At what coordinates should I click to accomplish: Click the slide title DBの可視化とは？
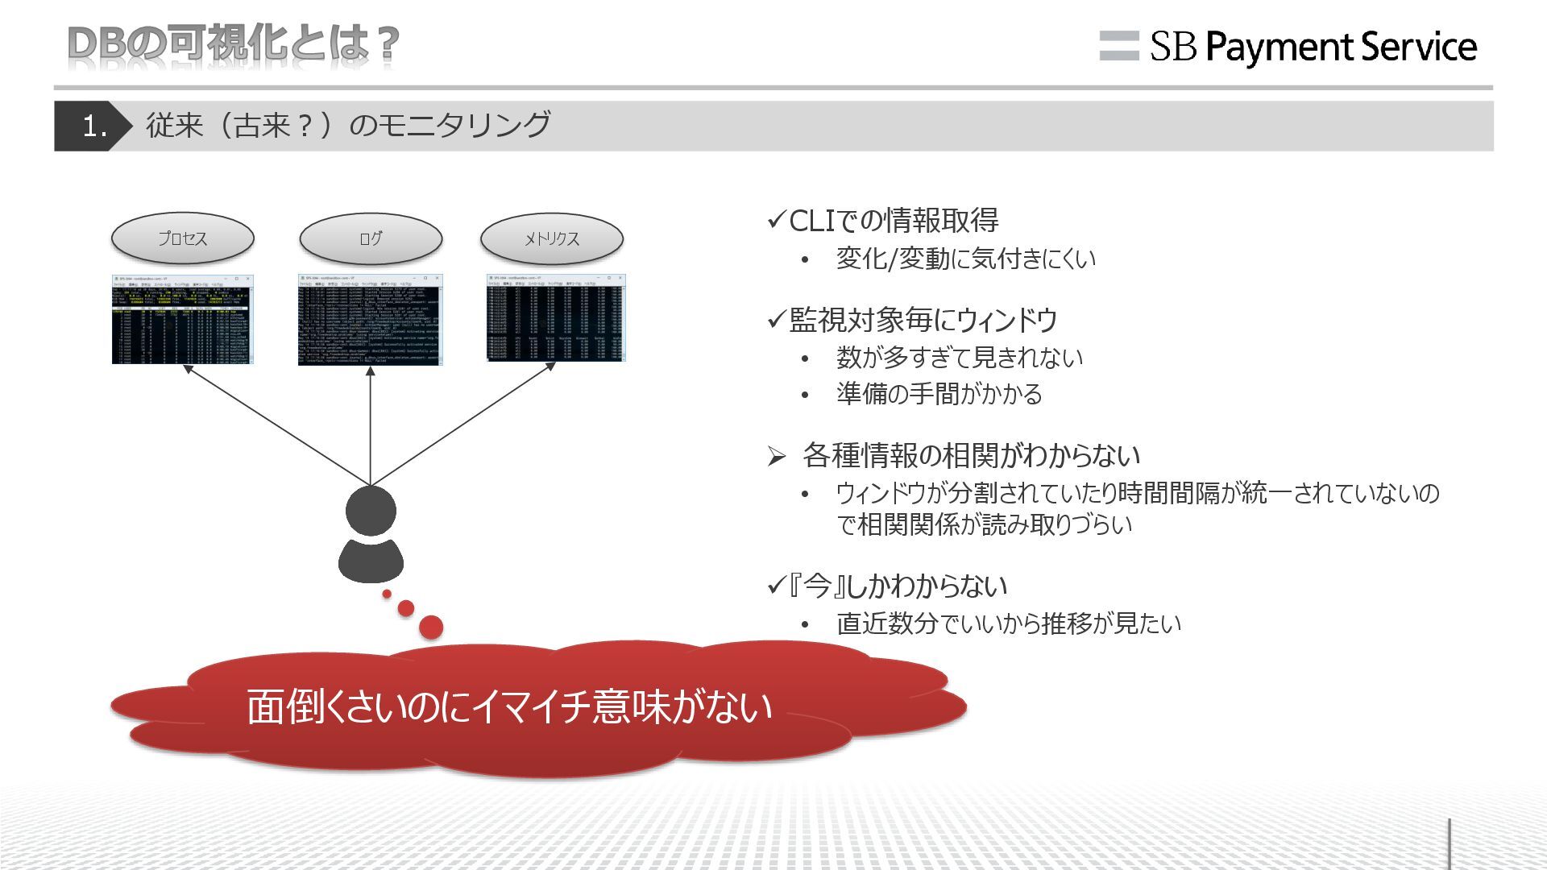click(x=234, y=44)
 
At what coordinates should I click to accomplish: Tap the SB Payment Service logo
click(x=1288, y=47)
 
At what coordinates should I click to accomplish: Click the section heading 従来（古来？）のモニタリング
click(x=348, y=126)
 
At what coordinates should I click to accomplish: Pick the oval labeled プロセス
click(x=183, y=238)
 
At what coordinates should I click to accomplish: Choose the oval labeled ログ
click(x=371, y=238)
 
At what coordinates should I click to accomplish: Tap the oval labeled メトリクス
click(x=552, y=238)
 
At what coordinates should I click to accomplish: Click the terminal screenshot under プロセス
click(x=182, y=320)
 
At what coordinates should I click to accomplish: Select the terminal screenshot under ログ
click(x=370, y=320)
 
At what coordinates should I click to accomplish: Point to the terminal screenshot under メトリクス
click(x=556, y=317)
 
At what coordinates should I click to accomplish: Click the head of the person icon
click(x=371, y=510)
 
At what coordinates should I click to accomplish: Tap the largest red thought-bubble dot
click(x=432, y=627)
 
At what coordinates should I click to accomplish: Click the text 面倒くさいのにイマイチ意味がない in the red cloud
click(x=509, y=706)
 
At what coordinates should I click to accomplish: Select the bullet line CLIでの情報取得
click(x=893, y=221)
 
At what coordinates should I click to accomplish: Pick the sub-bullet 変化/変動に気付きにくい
click(x=965, y=259)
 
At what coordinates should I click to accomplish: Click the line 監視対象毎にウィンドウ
click(x=923, y=321)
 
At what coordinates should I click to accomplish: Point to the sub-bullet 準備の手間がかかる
click(x=939, y=394)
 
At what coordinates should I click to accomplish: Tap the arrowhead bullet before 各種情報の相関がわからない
click(x=776, y=458)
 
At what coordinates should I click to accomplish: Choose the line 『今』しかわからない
click(x=897, y=586)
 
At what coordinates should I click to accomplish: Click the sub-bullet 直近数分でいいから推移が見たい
click(x=1008, y=623)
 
